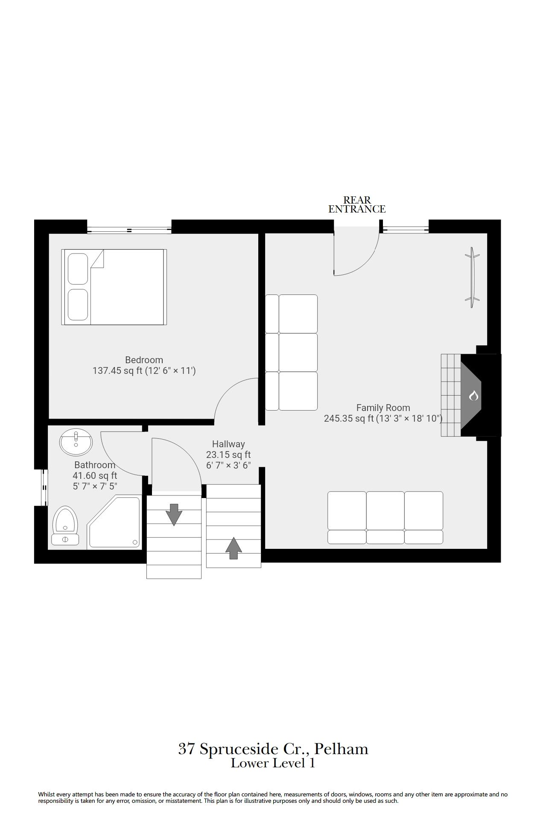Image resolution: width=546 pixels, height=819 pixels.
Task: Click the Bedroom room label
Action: [144, 360]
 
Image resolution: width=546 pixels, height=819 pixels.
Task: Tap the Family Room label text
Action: [383, 408]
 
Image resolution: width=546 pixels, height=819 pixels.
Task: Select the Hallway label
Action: [228, 444]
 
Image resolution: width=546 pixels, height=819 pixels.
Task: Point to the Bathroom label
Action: [95, 465]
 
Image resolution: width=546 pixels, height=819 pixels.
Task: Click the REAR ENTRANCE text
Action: [357, 204]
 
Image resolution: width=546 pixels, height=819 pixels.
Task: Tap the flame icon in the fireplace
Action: [473, 396]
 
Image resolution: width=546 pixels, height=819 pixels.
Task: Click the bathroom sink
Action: [76, 443]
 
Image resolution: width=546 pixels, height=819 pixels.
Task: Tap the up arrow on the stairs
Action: [233, 548]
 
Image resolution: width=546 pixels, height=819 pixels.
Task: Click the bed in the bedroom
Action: [114, 287]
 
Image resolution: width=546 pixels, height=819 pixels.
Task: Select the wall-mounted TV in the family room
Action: [472, 277]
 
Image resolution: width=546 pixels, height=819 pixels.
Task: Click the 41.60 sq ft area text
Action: [95, 475]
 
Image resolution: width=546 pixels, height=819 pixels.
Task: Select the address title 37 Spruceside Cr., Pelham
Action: [273, 749]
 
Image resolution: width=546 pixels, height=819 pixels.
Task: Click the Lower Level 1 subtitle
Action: [273, 763]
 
